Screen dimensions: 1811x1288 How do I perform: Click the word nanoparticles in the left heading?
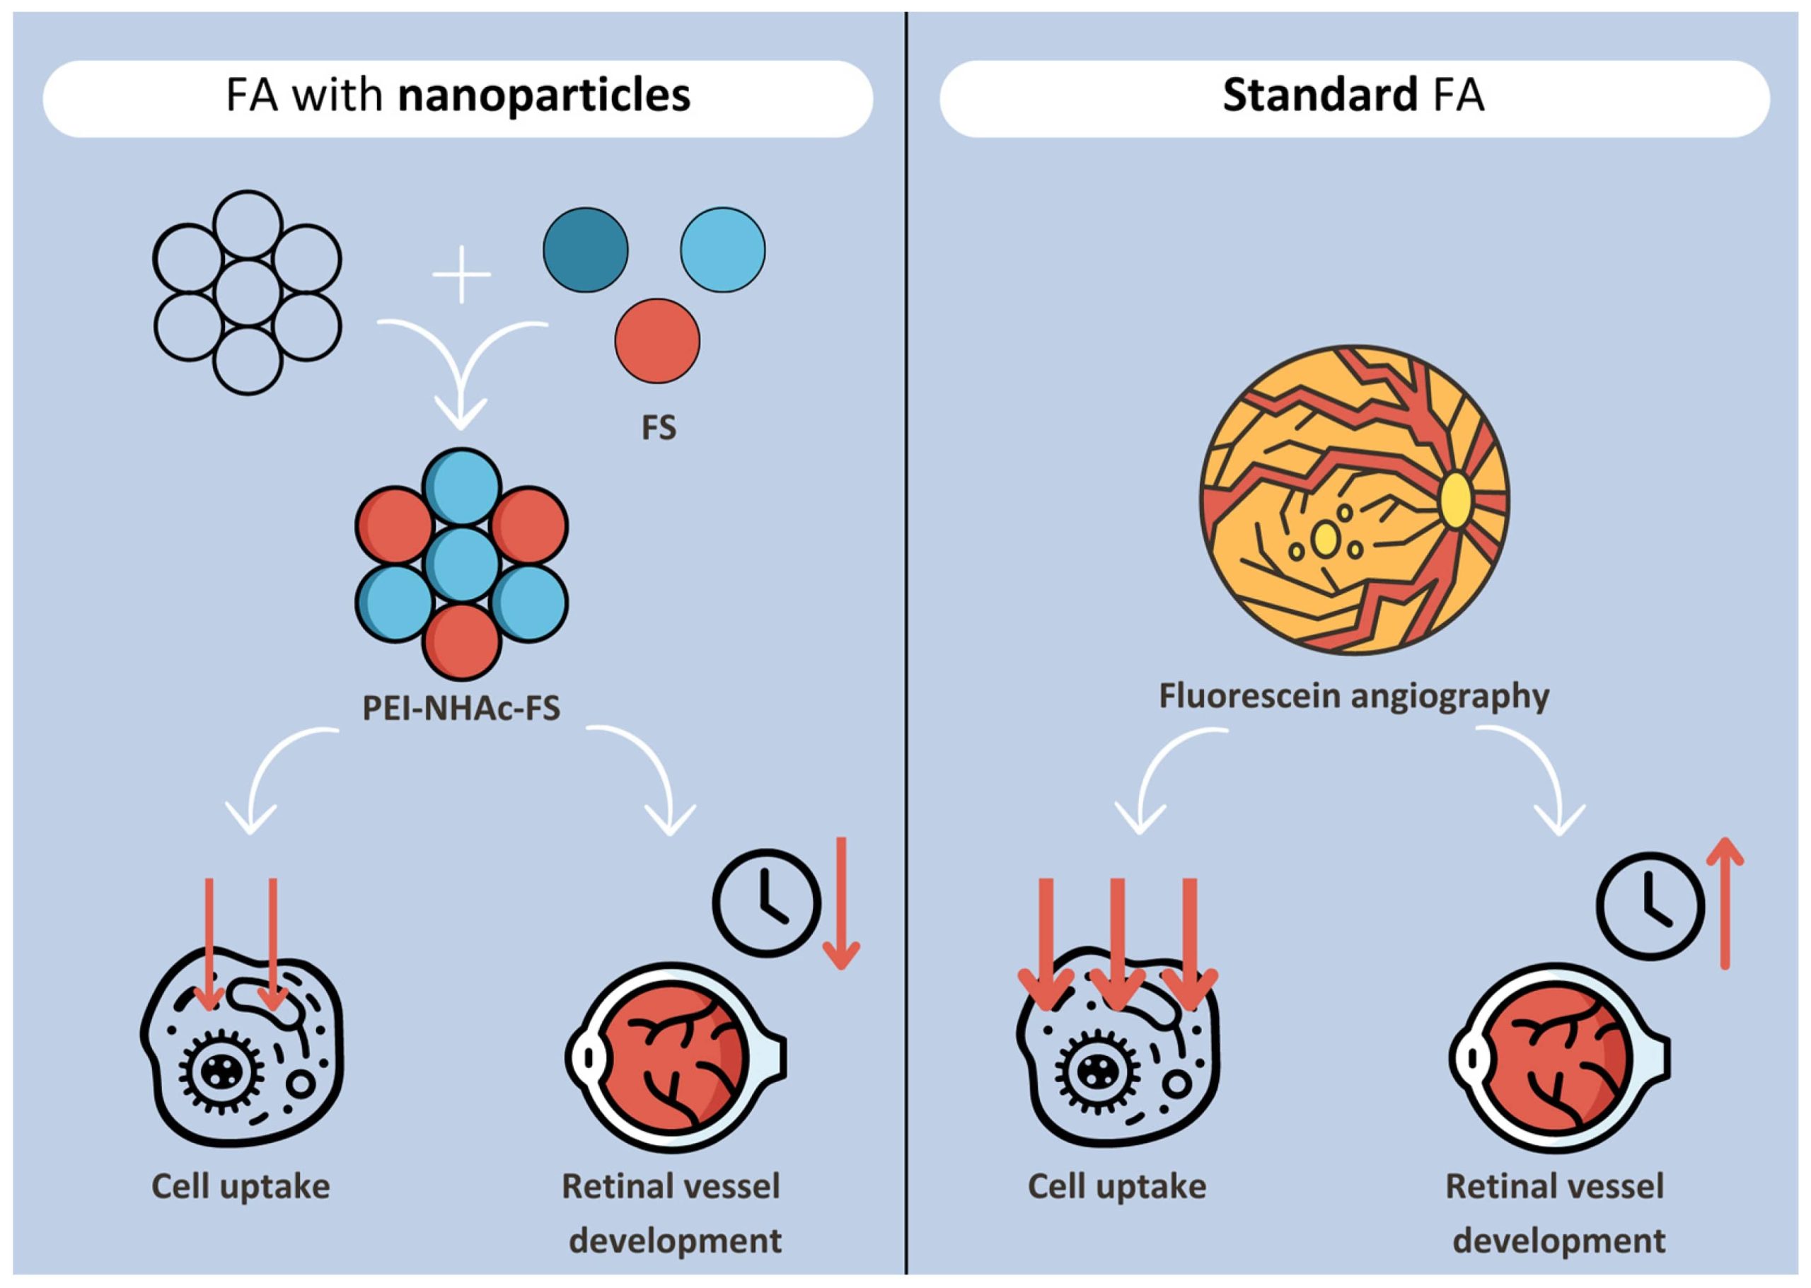tap(544, 97)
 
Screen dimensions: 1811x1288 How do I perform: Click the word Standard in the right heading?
tap(1320, 96)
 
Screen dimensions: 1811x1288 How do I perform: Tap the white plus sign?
tap(462, 274)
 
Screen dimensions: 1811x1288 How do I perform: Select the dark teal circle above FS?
tap(586, 250)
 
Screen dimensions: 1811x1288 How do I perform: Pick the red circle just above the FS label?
tap(658, 341)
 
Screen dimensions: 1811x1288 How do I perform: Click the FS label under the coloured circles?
tap(659, 429)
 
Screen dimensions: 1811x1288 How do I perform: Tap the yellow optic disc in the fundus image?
tap(1455, 499)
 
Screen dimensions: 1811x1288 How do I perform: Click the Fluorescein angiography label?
tap(1354, 697)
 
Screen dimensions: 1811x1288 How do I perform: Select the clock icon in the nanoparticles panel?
tap(765, 903)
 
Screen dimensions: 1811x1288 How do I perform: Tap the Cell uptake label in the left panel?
tap(241, 1188)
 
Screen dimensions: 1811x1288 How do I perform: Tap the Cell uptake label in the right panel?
tap(1117, 1188)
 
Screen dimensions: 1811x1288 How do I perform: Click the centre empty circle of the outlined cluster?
tap(248, 293)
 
